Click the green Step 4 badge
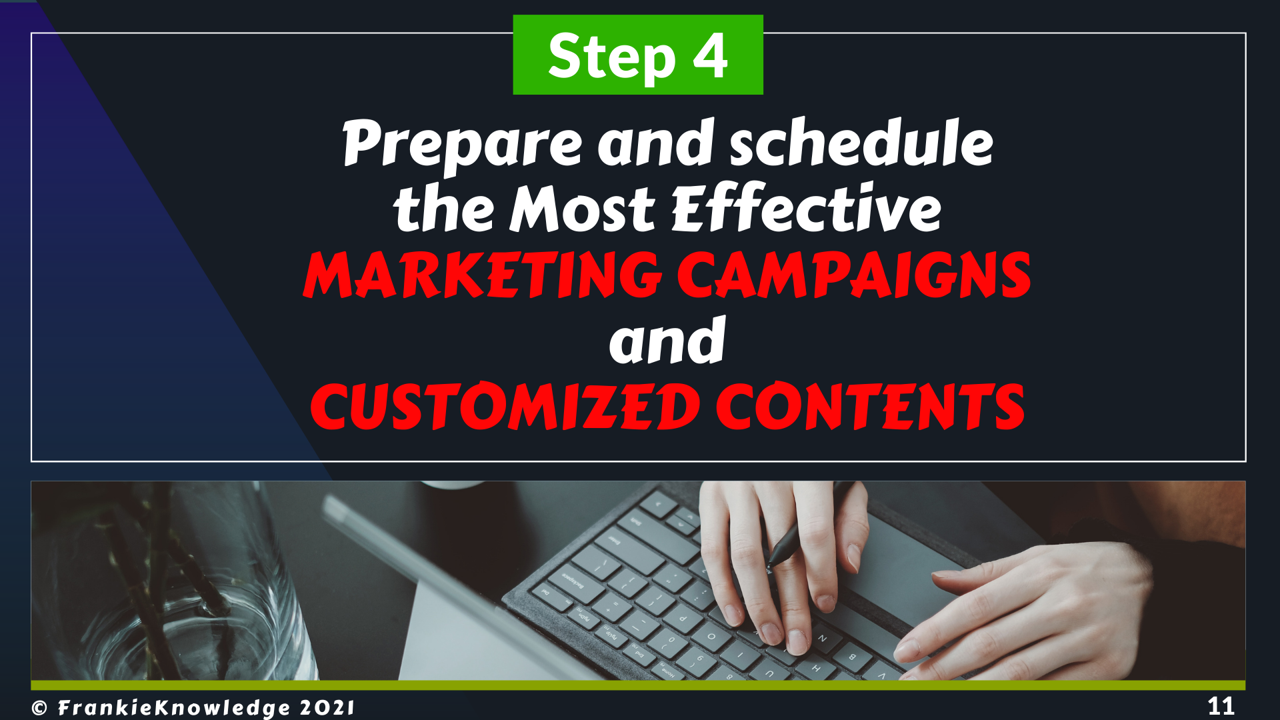pyautogui.click(x=638, y=55)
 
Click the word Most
pyautogui.click(x=583, y=208)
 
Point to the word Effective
pyautogui.click(x=806, y=207)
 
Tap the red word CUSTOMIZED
pyautogui.click(x=505, y=406)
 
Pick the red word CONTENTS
pyautogui.click(x=871, y=406)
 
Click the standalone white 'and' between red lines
pyautogui.click(x=667, y=341)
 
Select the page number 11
pyautogui.click(x=1221, y=706)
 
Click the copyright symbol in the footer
pyautogui.click(x=39, y=708)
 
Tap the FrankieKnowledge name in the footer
pyautogui.click(x=175, y=708)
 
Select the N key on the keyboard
pyautogui.click(x=822, y=639)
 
